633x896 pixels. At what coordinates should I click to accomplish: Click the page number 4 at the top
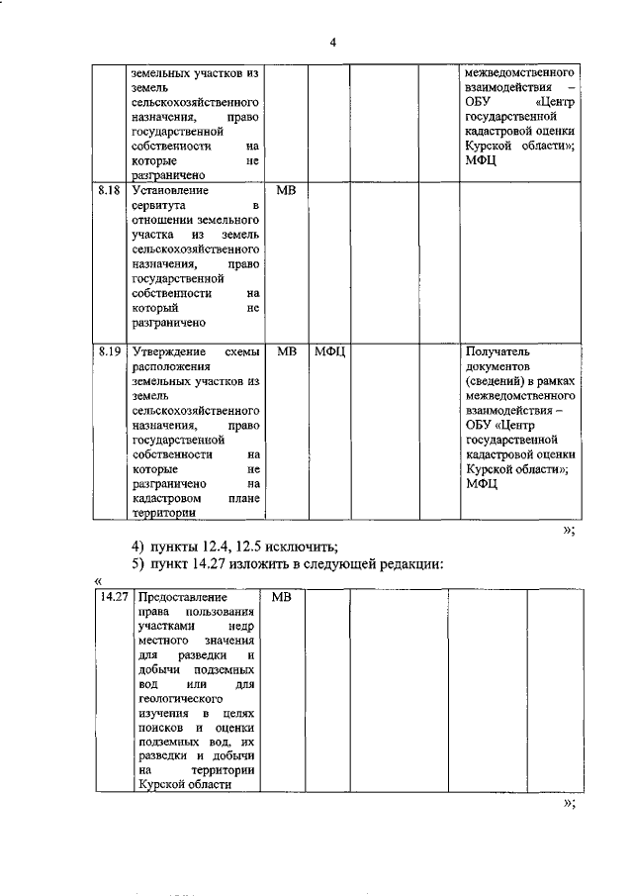[333, 42]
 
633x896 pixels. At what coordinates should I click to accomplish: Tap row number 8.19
[110, 351]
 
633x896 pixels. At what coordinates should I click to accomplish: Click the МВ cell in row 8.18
[286, 188]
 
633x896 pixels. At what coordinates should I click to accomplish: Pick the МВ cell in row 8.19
[286, 351]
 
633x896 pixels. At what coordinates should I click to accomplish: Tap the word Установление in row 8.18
[169, 188]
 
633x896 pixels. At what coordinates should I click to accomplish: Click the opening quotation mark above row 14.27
[98, 581]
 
